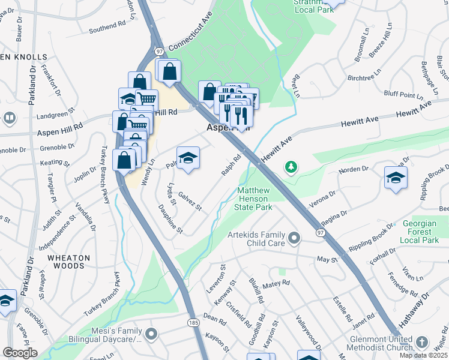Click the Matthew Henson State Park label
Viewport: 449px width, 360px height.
pos(255,199)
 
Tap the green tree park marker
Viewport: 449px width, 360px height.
pos(291,166)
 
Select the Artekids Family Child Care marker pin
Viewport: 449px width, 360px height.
pos(294,239)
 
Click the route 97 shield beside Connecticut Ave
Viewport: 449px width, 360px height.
pos(158,52)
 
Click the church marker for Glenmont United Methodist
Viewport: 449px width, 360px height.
pos(423,342)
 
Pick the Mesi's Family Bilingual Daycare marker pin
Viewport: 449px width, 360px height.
pos(151,332)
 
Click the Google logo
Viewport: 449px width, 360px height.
pos(20,353)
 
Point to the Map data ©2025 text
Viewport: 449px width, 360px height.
pos(423,355)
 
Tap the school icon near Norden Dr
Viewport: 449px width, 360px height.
pos(396,178)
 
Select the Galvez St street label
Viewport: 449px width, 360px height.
pos(190,201)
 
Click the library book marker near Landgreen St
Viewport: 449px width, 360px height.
pos(9,118)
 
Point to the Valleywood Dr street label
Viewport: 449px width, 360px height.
pos(308,332)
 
